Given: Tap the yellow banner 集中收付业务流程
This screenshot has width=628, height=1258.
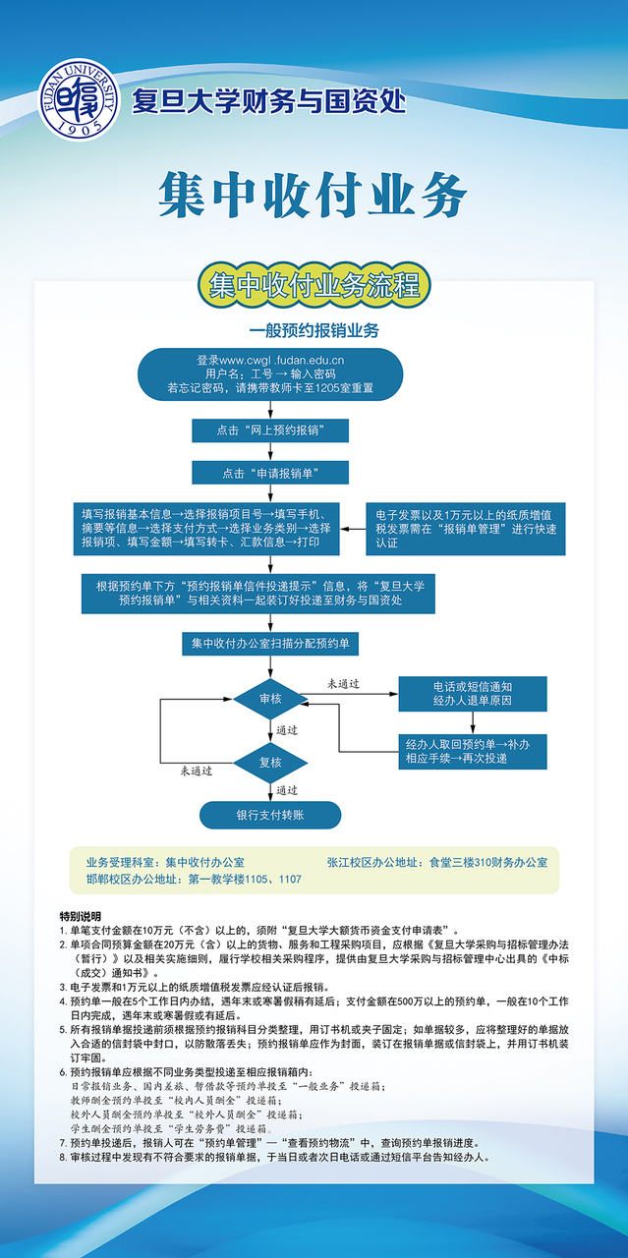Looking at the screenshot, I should tap(314, 284).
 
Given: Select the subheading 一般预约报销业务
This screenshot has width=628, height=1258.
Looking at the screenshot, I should tap(314, 331).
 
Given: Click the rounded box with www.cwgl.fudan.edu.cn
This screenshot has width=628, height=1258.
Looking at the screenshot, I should tap(270, 374).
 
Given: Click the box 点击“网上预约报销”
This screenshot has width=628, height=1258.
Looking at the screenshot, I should tap(270, 430).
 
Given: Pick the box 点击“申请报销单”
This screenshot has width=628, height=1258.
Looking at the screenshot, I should tap(270, 473).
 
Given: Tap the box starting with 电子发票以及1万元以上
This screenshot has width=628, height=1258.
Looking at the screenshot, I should tap(465, 528).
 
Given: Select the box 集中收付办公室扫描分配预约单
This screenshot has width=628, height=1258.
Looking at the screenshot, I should tap(270, 644).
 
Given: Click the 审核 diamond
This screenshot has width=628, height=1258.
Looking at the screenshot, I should tap(270, 699).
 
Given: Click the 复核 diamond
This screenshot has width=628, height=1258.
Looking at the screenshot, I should tap(270, 762).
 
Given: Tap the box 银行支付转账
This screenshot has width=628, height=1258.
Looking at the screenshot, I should tap(270, 815).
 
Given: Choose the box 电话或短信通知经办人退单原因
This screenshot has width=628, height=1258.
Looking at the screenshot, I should tap(472, 693).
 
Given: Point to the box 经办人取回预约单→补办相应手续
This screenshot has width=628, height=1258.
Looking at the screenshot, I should tap(472, 752).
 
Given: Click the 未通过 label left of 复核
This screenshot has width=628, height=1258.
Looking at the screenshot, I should tap(196, 772).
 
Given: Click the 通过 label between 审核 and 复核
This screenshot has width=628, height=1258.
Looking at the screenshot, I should tap(287, 730).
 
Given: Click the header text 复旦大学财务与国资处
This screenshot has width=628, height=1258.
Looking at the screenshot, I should tap(268, 101).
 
